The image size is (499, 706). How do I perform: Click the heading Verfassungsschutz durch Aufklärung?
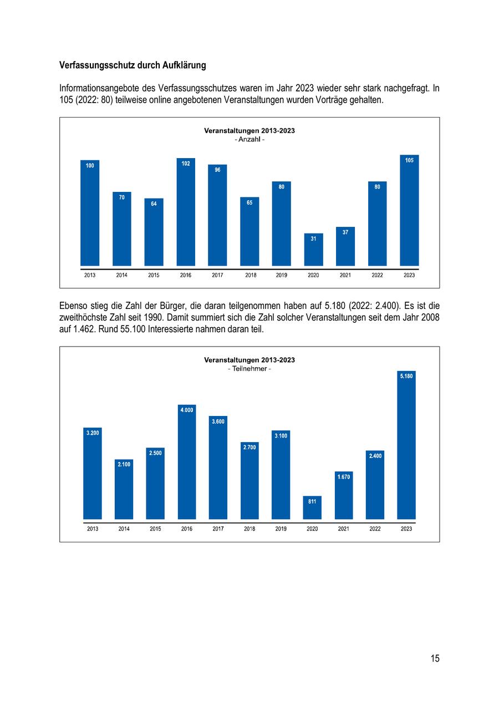133,65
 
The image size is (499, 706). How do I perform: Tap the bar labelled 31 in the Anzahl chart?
313,251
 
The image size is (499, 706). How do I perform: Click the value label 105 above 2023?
409,160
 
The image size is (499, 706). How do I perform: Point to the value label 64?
154,204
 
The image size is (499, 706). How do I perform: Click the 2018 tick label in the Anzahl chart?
251,275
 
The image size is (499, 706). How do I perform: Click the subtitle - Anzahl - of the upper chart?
249,140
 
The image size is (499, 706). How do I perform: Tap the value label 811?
312,501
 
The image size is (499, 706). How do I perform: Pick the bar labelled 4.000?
187,463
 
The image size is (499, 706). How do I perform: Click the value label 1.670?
344,476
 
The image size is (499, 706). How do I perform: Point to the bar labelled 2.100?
124,491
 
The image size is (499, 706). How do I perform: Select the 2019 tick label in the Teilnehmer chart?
281,529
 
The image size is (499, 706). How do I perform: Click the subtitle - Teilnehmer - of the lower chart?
249,369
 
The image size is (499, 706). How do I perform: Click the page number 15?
435,658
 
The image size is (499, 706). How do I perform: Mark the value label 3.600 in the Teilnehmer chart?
218,421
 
